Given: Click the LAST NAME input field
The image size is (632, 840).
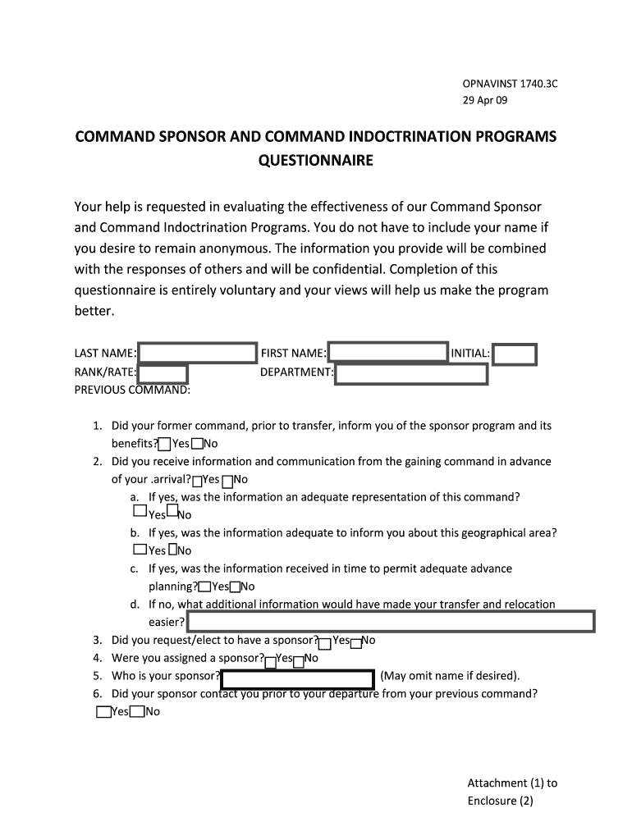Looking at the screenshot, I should pos(198,354).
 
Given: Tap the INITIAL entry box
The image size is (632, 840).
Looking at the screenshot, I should pos(515,354).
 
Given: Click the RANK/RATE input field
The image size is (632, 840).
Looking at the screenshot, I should pos(163,374).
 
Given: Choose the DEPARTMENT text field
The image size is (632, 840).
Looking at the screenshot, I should pos(411,374).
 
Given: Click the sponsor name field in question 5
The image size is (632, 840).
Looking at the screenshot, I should pos(298,678).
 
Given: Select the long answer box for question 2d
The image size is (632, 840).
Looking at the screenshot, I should pos(391,621).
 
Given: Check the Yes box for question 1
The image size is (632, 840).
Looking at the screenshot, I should pos(165,445).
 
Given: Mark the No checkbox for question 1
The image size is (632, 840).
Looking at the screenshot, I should pos(197,445).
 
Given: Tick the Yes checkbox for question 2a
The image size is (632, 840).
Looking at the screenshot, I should pos(140,511).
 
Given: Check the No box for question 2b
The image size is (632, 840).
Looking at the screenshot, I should pos(172,549).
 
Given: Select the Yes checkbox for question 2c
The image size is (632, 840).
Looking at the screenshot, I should pos(204,587).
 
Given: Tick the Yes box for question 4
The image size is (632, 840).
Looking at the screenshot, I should pos(271,660).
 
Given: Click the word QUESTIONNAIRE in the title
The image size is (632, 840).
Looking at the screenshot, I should pos(315,161).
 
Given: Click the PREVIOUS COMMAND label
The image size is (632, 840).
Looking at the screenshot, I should pos(132,390).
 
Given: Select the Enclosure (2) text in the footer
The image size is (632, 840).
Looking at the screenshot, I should pos(501,801).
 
